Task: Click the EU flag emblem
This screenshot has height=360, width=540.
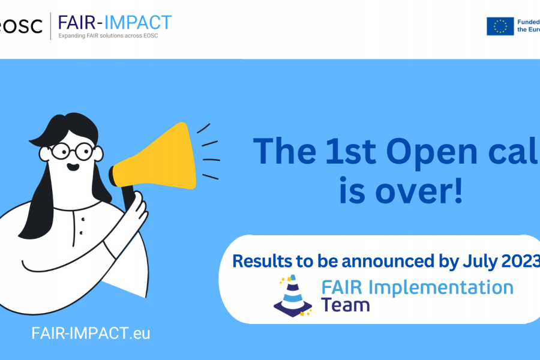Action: (500, 26)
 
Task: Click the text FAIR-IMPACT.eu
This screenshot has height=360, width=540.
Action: (91, 334)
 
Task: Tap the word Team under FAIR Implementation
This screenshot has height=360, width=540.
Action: (345, 305)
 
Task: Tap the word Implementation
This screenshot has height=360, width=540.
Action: (441, 287)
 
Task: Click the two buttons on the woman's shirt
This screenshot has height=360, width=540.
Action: (81, 227)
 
